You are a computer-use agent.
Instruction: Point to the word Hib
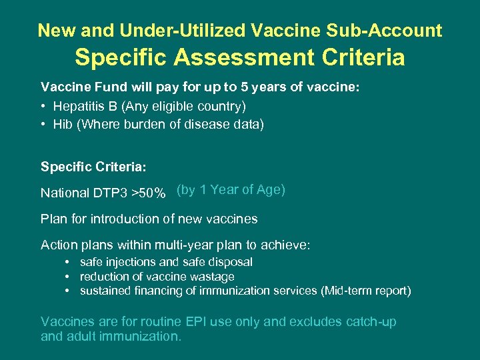[x=63, y=125]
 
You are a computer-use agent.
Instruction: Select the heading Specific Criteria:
[x=93, y=165]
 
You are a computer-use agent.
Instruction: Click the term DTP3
[x=111, y=193]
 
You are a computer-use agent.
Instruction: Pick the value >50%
[x=149, y=193]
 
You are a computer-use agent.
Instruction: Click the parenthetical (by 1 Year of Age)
[x=231, y=190]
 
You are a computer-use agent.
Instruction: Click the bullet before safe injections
[x=67, y=263]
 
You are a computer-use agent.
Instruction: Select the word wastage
[x=211, y=277]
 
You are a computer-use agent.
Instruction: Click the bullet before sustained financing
[x=67, y=291]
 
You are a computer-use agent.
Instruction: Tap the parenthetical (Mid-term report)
[x=365, y=291]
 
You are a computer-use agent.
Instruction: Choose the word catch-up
[x=371, y=322]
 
